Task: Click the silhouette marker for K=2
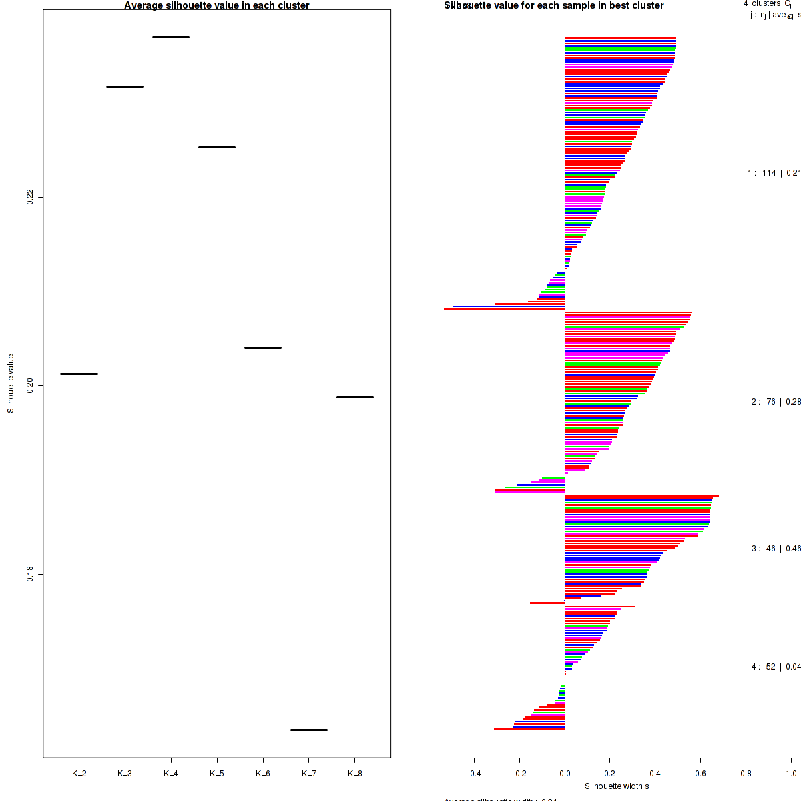pos(79,374)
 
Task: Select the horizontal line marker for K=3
pos(125,87)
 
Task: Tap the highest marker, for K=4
pos(171,37)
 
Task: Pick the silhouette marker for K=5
pos(217,147)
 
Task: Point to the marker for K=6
pos(263,348)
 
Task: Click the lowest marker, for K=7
pos(309,730)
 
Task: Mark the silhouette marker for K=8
pos(355,397)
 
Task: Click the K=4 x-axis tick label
pos(171,774)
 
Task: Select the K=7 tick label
pos(309,774)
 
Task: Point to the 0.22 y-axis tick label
pos(30,197)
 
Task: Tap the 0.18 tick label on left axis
pos(30,574)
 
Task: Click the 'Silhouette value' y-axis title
pos(11,383)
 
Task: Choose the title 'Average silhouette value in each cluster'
pos(217,5)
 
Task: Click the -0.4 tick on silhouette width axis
pos(474,774)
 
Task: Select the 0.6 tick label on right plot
pos(700,774)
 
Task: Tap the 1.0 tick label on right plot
pos(790,774)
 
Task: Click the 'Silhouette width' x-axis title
pos(617,786)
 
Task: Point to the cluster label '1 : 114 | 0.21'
pos(774,173)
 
